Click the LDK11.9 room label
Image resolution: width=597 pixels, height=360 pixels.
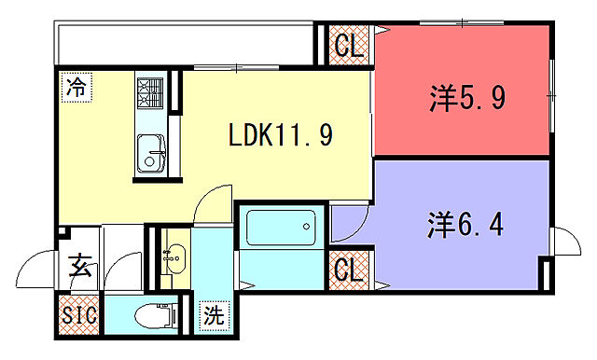(281, 136)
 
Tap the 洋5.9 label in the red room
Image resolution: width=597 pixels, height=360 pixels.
(468, 97)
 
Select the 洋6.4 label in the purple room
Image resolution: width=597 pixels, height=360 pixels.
(466, 224)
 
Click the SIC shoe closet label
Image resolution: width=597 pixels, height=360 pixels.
(78, 314)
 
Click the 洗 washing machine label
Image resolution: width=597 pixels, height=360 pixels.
(215, 315)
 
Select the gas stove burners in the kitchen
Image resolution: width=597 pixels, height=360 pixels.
(150, 91)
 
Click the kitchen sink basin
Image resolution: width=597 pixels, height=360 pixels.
(149, 153)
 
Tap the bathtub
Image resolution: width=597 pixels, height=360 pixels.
(281, 227)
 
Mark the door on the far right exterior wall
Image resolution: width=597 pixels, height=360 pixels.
(565, 242)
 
